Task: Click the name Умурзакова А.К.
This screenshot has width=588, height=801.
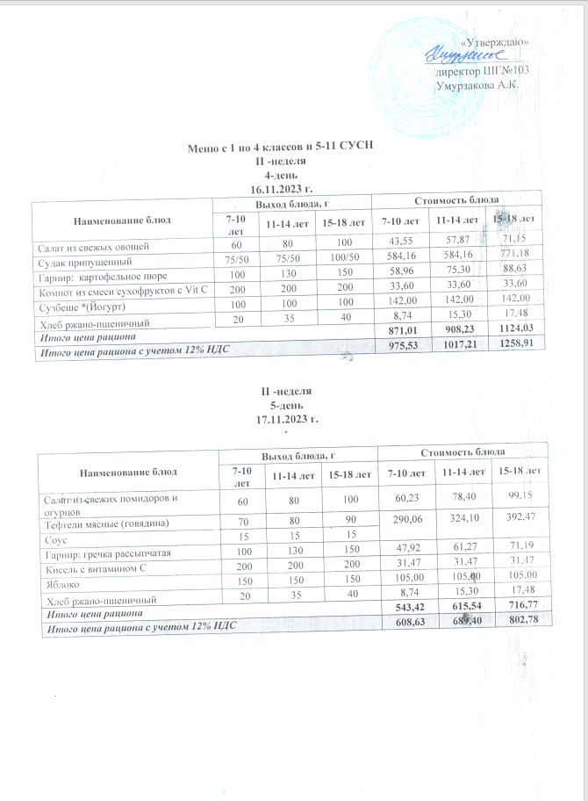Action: [x=478, y=85]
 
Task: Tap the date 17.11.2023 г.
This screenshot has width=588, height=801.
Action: [x=282, y=419]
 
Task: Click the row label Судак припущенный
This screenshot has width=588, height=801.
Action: [x=83, y=262]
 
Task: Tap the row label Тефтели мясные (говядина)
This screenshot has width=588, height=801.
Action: [x=104, y=524]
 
